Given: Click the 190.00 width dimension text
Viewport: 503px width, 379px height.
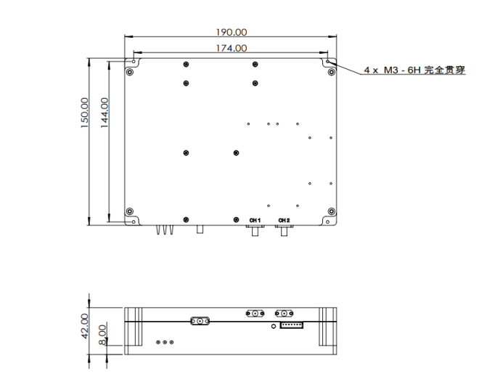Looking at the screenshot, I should point(231,32).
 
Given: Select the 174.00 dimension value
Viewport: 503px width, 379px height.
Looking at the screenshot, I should point(231,48).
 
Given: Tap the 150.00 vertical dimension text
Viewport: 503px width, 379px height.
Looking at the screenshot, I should point(85,113).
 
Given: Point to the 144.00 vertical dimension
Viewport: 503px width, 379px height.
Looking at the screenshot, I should point(105,113).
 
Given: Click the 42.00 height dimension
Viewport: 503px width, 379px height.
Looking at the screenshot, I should point(85,325).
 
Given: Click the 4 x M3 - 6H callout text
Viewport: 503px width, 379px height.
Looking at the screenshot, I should point(414,70).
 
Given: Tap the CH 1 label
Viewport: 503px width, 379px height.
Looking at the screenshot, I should point(255,220).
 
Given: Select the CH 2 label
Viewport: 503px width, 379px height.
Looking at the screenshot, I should point(284,220).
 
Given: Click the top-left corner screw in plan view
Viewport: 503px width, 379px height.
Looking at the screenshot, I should point(130,72).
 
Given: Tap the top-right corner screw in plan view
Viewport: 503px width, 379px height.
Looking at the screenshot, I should point(331,72).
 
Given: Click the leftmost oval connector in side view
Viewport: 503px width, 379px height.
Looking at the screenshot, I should point(199,320).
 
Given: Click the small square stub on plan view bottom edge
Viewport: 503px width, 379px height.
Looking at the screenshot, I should point(200,229).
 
